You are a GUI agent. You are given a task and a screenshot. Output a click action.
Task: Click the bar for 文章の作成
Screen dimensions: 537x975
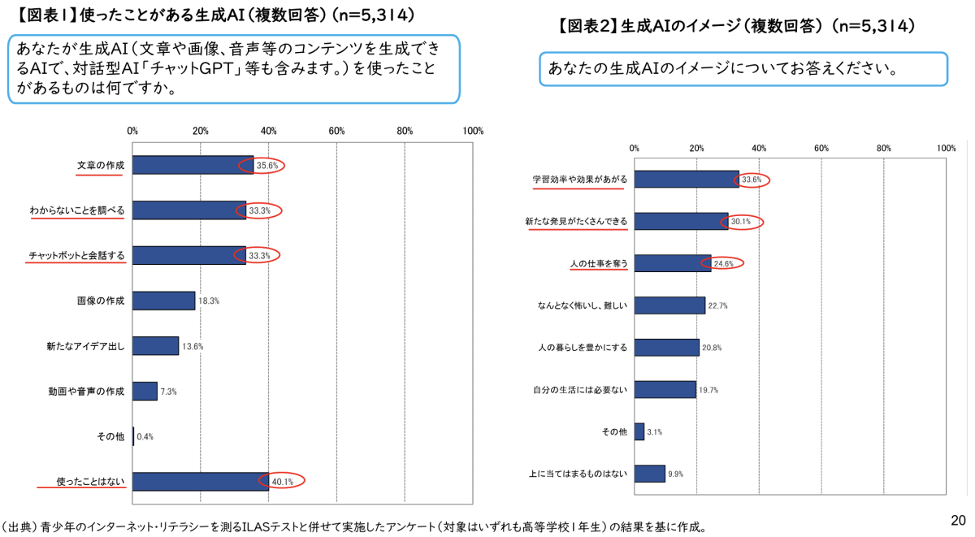[193, 165]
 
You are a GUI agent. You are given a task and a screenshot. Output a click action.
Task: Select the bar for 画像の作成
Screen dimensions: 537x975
[163, 301]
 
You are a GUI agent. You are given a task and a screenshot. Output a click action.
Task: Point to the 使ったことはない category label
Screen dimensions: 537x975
[90, 482]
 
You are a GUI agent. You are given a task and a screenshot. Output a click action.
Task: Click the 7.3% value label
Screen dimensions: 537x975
[168, 392]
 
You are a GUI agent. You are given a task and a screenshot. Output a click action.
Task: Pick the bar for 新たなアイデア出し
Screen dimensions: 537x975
[155, 346]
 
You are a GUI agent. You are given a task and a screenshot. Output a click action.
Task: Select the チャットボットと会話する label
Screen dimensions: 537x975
[76, 256]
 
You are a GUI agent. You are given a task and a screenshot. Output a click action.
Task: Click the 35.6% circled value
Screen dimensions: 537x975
[267, 165]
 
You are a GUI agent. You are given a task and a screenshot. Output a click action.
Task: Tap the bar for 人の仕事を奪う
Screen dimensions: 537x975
[672, 263]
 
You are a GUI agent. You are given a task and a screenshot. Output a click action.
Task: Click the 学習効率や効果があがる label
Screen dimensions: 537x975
[579, 179]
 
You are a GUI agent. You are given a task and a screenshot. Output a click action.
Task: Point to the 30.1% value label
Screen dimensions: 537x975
[740, 221]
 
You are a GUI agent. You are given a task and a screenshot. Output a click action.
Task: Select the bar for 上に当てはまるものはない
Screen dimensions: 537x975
[649, 474]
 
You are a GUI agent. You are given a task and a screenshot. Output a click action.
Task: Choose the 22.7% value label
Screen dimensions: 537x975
[717, 306]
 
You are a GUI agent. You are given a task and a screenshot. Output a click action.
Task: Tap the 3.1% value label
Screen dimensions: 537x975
[656, 432]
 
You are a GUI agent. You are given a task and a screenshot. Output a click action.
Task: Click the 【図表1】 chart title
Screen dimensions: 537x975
[214, 15]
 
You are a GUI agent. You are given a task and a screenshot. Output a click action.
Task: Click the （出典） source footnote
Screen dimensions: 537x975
[353, 526]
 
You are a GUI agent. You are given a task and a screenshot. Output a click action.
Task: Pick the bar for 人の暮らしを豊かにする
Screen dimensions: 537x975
[666, 348]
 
